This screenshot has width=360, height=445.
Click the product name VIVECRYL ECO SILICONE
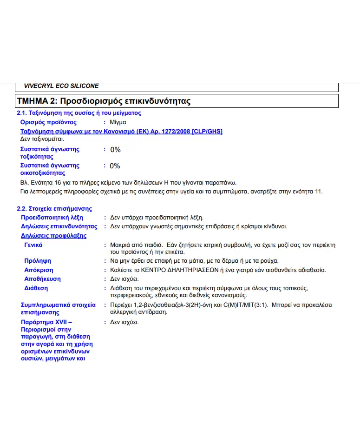(61, 86)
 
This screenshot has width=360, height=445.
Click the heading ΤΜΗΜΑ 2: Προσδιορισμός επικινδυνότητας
(104, 101)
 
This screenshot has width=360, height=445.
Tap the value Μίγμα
(118, 122)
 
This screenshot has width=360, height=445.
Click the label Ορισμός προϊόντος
(48, 122)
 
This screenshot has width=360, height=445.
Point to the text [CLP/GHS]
(207, 132)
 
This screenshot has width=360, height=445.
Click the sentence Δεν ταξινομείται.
(42, 139)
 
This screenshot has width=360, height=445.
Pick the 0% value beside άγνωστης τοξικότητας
(115, 150)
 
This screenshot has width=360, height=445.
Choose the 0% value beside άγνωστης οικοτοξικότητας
(115, 166)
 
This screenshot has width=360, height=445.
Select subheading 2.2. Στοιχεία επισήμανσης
(54, 209)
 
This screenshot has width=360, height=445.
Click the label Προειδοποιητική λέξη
(52, 217)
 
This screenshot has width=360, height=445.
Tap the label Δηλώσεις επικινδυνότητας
(59, 226)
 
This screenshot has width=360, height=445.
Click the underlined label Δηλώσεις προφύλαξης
(53, 236)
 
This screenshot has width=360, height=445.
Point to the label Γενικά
(33, 245)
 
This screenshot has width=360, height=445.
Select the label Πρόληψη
(38, 261)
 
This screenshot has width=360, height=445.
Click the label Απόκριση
(39, 270)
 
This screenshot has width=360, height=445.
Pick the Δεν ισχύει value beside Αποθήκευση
(124, 279)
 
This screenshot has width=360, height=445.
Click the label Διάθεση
(36, 288)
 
